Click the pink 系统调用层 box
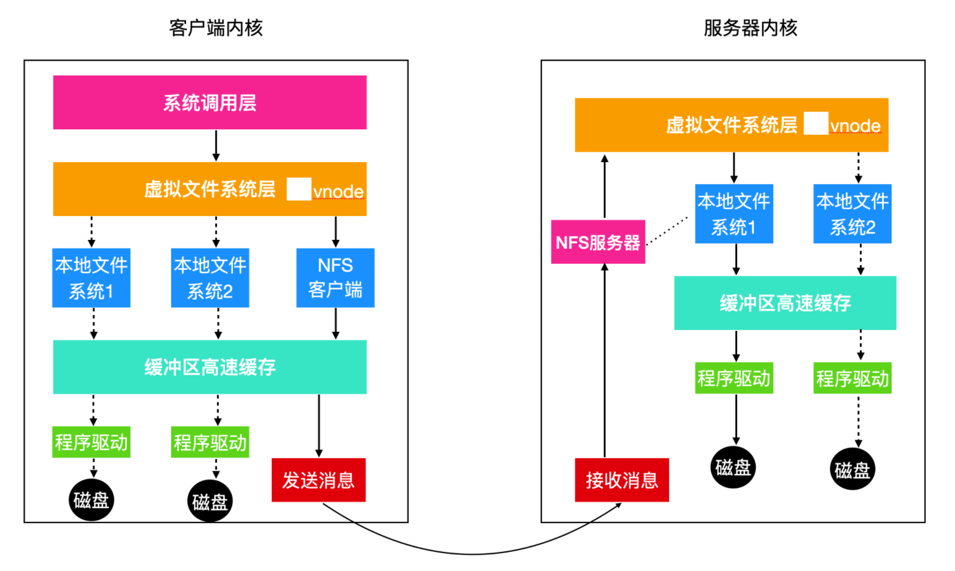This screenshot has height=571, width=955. coord(210,102)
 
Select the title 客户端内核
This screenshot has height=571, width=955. coord(216,28)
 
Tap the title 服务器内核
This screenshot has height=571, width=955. coord(750,28)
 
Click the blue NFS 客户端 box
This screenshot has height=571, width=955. coord(336,278)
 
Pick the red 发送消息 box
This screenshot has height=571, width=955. coord(318,480)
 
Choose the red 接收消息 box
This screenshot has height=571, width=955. coord(622,480)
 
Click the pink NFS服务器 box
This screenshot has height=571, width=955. coord(598,242)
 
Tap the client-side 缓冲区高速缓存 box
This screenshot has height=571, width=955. coord(210,367)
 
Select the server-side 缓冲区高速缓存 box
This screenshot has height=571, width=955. coord(785,303)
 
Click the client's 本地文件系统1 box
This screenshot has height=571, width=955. coord(91,278)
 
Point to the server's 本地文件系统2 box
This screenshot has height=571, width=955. coord(852,214)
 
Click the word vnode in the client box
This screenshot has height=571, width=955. coord(338,192)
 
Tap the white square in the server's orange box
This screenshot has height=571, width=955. coord(816,123)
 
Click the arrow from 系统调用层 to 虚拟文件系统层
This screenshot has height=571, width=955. coord(216,145)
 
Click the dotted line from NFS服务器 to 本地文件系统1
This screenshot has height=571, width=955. coord(667,230)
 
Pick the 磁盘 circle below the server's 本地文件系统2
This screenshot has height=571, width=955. coord(852,469)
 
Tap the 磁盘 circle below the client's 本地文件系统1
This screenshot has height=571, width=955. coord(91,500)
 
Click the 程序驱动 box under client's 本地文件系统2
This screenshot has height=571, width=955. coord(210,442)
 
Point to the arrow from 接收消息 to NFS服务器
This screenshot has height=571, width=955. coord(604,361)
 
